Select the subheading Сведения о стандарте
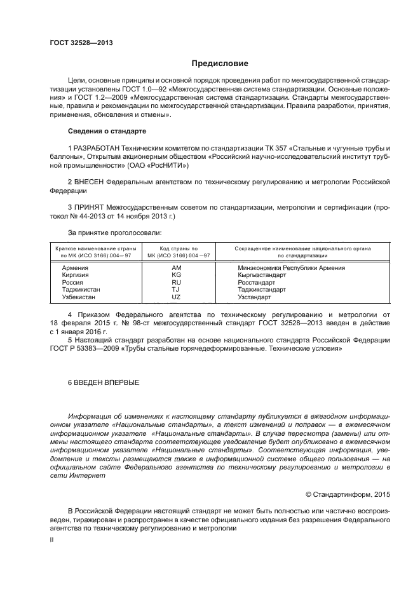[107, 131]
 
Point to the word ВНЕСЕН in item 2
[89, 181]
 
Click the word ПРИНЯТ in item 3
[89, 207]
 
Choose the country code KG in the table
[176, 275]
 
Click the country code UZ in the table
[176, 297]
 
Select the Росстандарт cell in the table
[256, 282]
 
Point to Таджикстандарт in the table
[261, 289]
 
